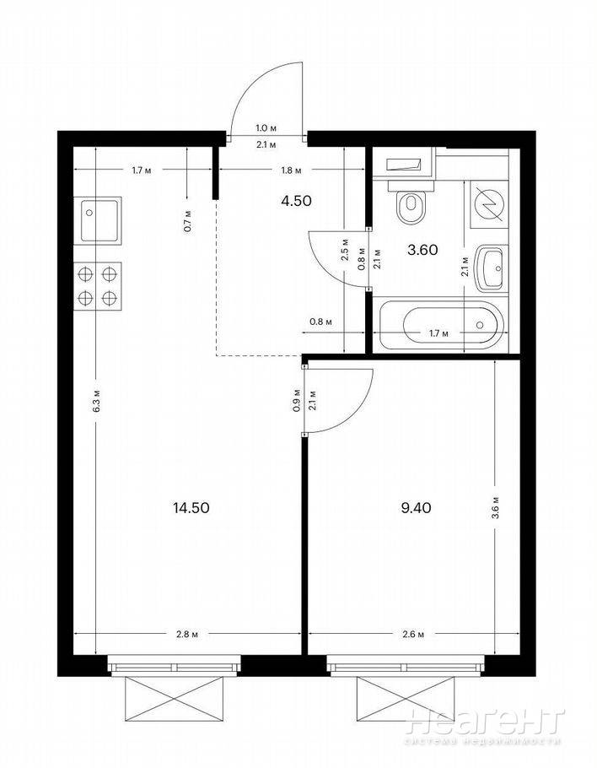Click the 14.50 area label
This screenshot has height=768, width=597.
(x=191, y=508)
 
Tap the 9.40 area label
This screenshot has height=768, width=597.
(x=416, y=508)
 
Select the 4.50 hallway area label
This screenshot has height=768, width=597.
(x=297, y=201)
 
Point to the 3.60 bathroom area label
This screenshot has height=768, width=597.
(x=422, y=251)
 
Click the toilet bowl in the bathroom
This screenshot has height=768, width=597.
(x=411, y=203)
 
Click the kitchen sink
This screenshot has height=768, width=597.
(x=98, y=220)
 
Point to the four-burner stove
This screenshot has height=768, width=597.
(x=98, y=286)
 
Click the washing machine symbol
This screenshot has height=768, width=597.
(x=489, y=205)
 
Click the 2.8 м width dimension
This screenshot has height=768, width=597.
(x=187, y=635)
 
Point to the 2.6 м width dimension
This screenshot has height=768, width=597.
(x=413, y=635)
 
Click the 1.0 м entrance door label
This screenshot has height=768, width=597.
(x=266, y=128)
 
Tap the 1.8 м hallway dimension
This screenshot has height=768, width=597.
(x=291, y=170)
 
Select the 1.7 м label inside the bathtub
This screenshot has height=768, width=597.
(x=439, y=334)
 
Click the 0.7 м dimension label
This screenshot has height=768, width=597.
(x=187, y=221)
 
